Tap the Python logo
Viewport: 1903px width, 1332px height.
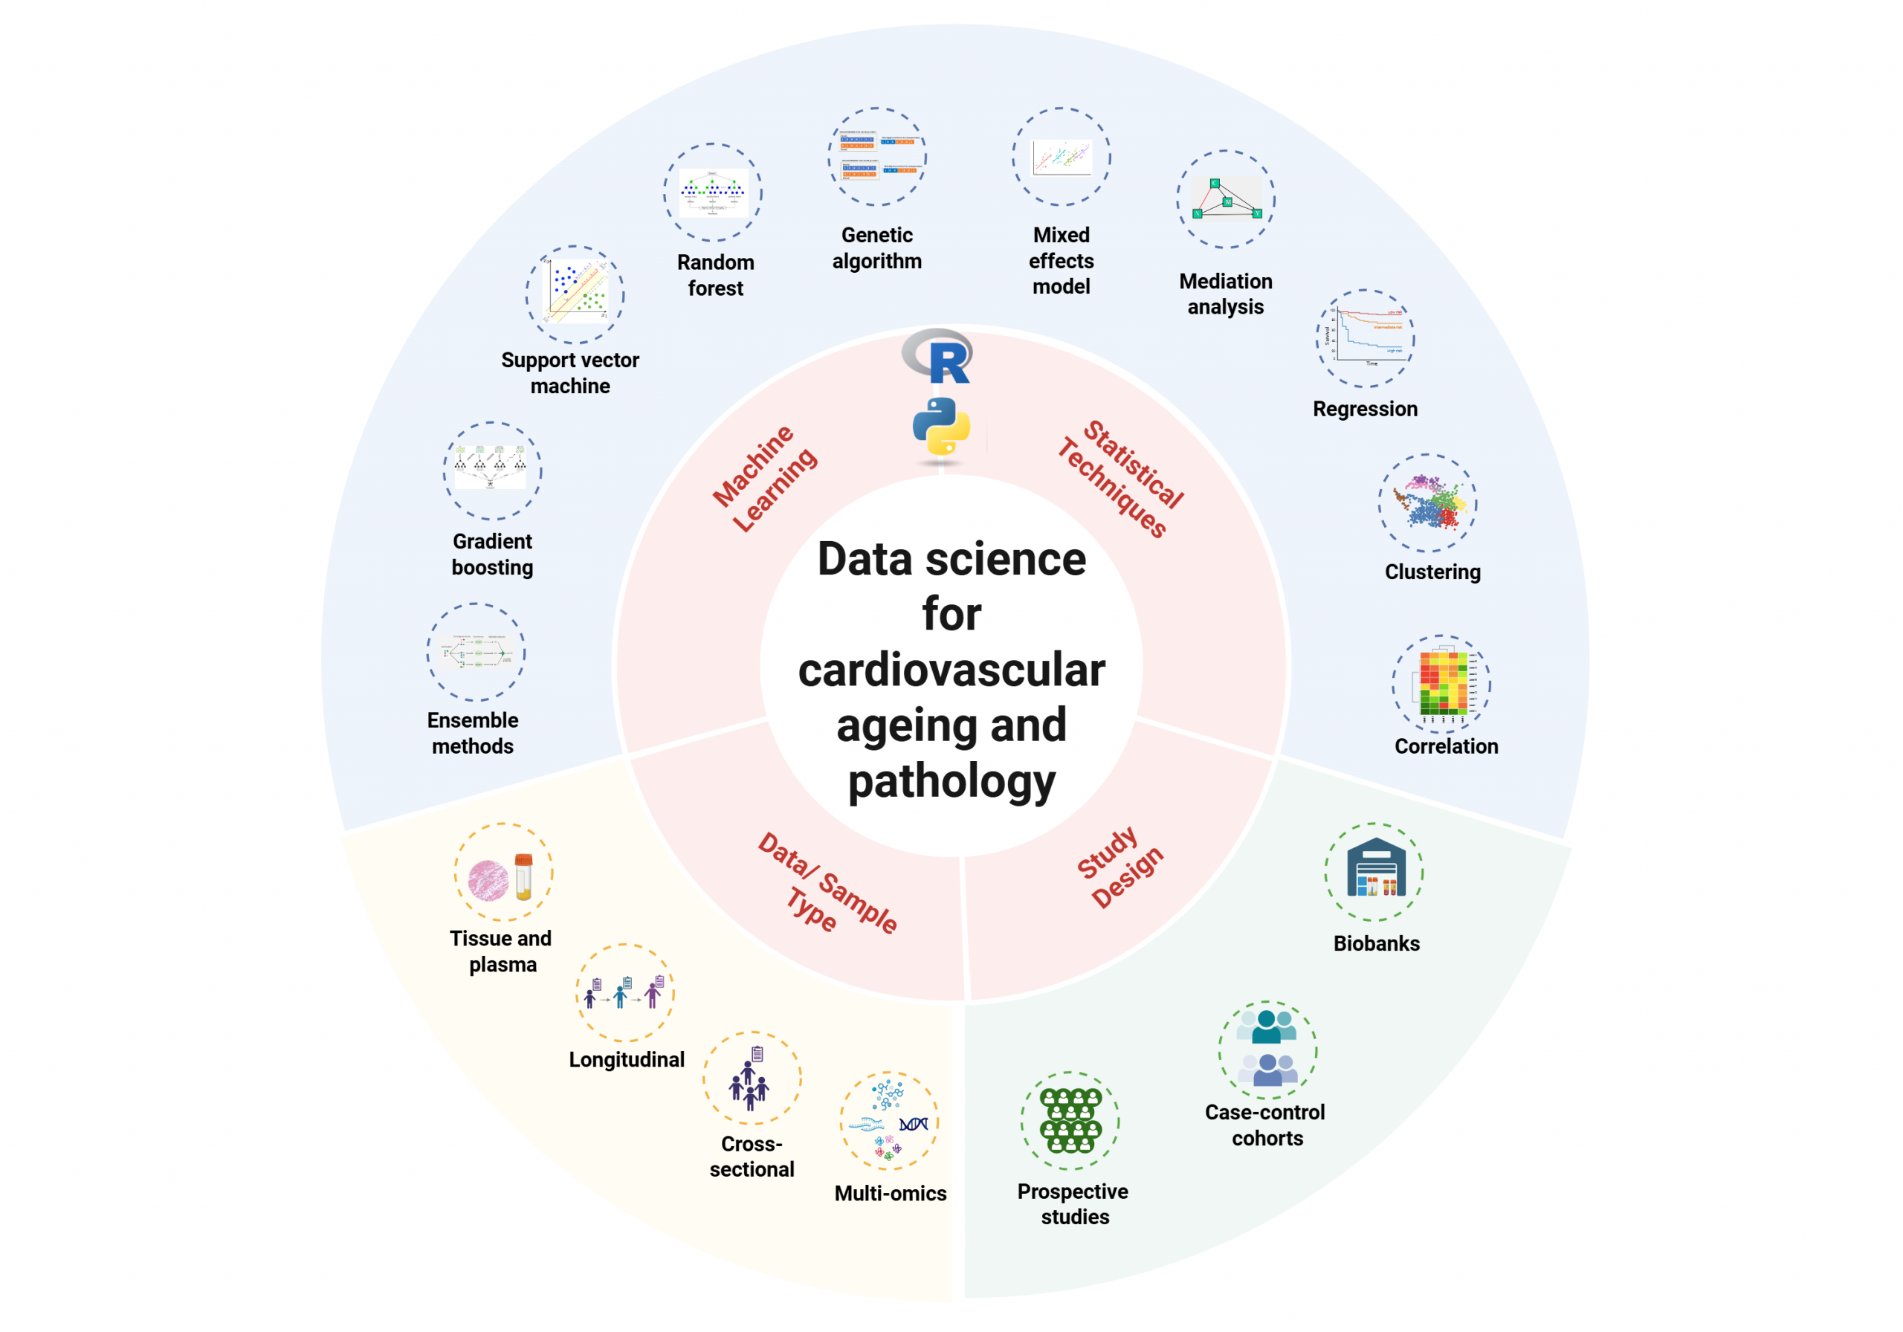[941, 426]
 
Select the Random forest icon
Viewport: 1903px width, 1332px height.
[712, 193]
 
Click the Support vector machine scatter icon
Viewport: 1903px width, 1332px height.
[575, 294]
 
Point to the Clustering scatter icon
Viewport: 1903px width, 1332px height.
[1427, 502]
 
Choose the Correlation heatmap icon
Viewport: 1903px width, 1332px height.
[1441, 684]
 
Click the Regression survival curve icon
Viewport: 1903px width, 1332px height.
[1365, 338]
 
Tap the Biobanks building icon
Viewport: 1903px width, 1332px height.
[1374, 871]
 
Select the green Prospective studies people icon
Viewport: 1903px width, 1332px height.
[1070, 1121]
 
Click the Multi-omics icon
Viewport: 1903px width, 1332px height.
[889, 1121]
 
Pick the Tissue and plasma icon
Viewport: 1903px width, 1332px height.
[503, 873]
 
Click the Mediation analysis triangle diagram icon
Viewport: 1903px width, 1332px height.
[1226, 199]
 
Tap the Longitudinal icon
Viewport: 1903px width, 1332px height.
[625, 992]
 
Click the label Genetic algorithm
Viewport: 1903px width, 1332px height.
[877, 248]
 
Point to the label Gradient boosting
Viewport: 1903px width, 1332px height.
[492, 554]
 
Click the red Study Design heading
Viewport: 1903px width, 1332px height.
[1119, 866]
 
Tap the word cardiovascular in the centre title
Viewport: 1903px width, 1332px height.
[951, 669]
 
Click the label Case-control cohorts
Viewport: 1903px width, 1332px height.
[1266, 1125]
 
